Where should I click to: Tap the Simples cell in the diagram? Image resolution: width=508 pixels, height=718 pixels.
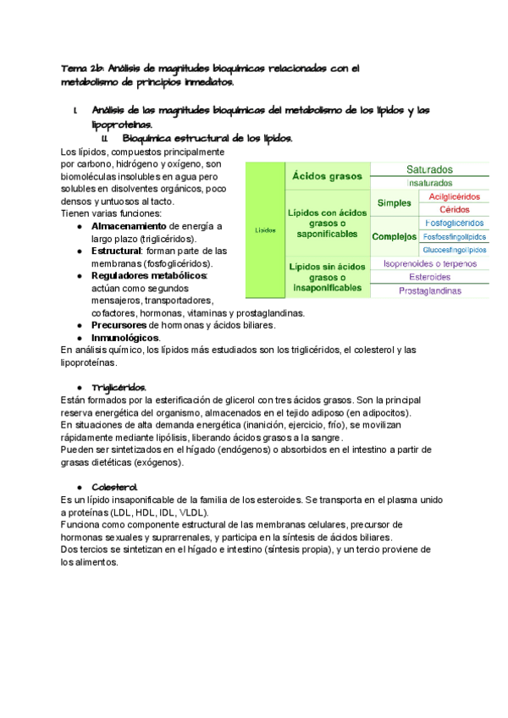pyautogui.click(x=394, y=203)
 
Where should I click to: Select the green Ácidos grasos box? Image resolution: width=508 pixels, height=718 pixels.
pyautogui.click(x=328, y=176)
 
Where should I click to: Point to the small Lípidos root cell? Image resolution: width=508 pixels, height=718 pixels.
pyautogui.click(x=265, y=229)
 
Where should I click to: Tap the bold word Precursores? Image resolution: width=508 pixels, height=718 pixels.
pyautogui.click(x=119, y=324)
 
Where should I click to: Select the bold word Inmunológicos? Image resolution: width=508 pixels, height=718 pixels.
pyautogui.click(x=124, y=337)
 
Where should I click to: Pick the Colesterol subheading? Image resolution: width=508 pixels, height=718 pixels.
pyautogui.click(x=114, y=488)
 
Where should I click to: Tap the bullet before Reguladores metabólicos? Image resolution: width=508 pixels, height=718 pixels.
pyautogui.click(x=80, y=276)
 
